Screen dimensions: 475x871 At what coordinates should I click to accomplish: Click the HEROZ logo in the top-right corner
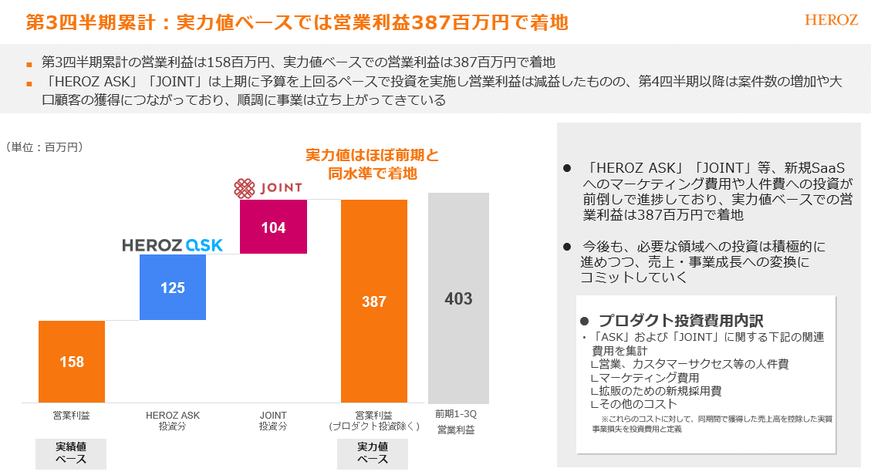(831, 20)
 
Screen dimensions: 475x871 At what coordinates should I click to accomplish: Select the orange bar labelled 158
(72, 361)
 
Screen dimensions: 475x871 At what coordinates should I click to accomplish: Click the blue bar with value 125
(173, 287)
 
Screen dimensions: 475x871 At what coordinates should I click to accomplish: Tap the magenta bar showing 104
(273, 227)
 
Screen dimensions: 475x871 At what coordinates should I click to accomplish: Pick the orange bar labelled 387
(374, 301)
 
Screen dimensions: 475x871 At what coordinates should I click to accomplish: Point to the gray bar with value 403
(458, 298)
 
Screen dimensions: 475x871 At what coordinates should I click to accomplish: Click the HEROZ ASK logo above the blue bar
(173, 245)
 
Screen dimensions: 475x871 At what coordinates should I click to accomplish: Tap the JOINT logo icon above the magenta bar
(245, 188)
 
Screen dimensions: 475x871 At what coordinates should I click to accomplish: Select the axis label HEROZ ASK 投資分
(173, 420)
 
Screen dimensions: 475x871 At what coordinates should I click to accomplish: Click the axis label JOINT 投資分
(273, 420)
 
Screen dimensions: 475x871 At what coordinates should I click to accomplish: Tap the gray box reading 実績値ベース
(71, 453)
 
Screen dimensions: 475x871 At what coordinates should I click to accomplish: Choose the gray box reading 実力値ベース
(373, 453)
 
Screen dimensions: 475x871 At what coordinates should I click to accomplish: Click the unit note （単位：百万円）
(44, 147)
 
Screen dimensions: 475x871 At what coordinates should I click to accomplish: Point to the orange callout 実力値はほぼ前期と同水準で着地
(373, 164)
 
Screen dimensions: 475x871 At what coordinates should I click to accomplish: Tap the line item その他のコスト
(638, 403)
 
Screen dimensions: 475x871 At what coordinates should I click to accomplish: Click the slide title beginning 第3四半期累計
(297, 22)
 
